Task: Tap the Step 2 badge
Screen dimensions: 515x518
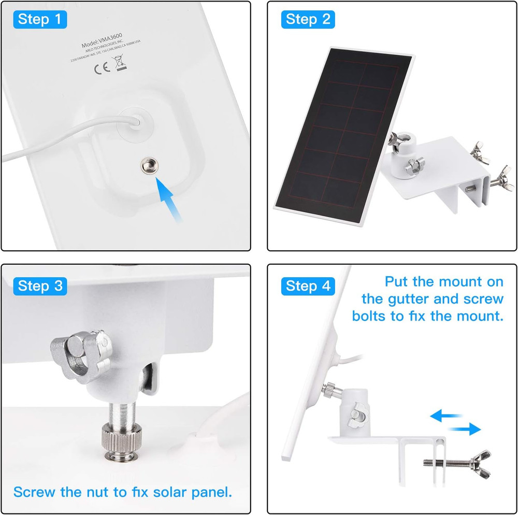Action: click(308, 19)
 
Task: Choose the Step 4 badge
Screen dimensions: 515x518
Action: click(308, 285)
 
